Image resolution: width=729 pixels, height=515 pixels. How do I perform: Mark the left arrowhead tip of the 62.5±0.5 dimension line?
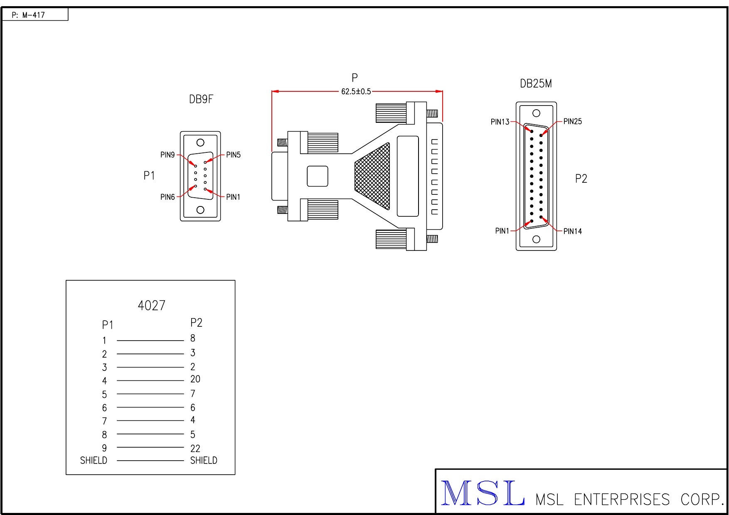click(272, 91)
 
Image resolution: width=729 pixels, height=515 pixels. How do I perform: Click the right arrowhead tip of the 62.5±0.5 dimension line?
click(443, 91)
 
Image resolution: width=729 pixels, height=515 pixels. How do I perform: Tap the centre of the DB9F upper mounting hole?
click(200, 142)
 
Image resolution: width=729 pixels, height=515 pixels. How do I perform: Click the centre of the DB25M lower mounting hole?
click(536, 239)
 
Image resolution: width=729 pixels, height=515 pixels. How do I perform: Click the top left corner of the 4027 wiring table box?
click(66, 280)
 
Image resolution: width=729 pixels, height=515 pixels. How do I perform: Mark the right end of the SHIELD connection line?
click(184, 461)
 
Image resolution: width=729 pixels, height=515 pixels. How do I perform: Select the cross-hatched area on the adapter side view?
click(372, 176)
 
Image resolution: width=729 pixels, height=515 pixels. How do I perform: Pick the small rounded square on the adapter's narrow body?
click(318, 176)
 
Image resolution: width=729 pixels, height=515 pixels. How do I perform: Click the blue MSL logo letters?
click(482, 493)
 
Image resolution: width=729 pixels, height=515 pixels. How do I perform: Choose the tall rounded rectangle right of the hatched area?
click(408, 176)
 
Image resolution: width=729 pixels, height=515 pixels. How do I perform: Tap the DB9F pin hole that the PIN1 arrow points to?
click(205, 189)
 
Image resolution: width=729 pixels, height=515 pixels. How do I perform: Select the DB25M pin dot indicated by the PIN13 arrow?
click(532, 131)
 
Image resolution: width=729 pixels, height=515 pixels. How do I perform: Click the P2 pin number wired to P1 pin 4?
click(195, 379)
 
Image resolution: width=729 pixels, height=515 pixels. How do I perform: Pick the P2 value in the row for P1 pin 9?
click(195, 449)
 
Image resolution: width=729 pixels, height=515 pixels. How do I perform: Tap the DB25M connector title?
click(536, 84)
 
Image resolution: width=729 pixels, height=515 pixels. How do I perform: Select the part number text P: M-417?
click(28, 15)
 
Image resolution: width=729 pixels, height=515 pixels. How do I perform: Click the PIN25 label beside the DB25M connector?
click(573, 122)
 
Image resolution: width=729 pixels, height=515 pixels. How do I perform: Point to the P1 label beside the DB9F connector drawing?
click(149, 176)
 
